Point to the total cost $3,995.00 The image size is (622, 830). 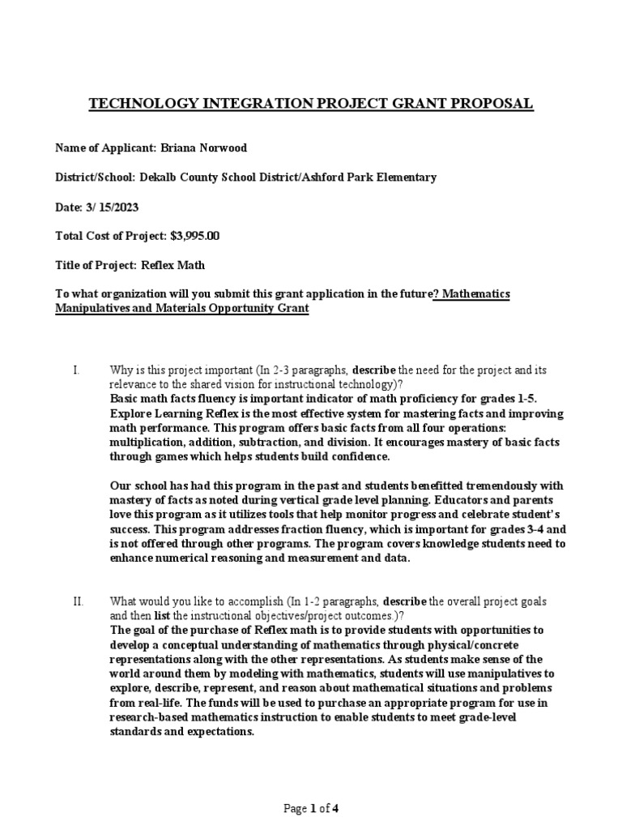(x=194, y=236)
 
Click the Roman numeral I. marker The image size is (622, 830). (x=75, y=370)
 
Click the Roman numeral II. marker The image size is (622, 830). (x=78, y=602)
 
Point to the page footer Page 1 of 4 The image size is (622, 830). (x=310, y=807)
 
